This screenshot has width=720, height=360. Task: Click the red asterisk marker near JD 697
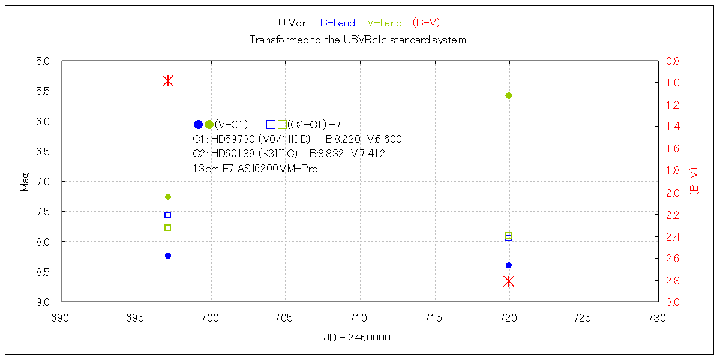click(x=168, y=80)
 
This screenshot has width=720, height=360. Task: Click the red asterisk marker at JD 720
click(x=509, y=281)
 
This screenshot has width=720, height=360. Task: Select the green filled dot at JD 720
click(x=509, y=95)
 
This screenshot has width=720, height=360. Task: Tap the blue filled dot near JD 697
click(x=168, y=256)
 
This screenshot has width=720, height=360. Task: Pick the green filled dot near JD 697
click(x=168, y=197)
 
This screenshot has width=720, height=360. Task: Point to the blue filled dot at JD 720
click(x=509, y=265)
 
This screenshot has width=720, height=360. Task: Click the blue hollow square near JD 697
click(x=168, y=215)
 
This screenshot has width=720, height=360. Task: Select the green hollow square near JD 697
click(x=168, y=227)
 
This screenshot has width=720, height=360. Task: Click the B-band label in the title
click(x=337, y=23)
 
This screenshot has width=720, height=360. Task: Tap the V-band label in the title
click(x=385, y=23)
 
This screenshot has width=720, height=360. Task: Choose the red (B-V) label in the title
click(x=427, y=23)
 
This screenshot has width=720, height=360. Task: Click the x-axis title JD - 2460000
click(x=357, y=338)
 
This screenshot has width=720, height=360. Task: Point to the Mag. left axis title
click(x=25, y=182)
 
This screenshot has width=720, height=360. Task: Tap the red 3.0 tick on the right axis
click(x=673, y=302)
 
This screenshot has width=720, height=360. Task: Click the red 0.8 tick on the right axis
click(x=673, y=61)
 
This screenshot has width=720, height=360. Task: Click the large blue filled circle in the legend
click(x=199, y=125)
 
